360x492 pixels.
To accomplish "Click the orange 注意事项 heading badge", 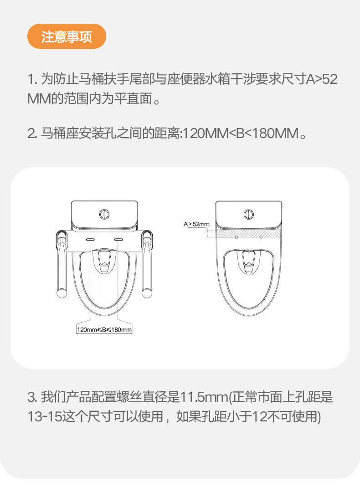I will click(67, 36).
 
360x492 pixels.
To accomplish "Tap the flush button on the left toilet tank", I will click(105, 214).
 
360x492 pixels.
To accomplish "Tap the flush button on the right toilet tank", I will click(249, 214).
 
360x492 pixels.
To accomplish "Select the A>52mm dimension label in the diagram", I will click(196, 224).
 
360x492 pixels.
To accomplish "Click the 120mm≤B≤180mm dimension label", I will click(104, 330).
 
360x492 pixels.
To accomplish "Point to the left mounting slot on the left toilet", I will click(91, 239).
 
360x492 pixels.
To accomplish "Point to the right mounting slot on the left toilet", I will click(118, 239).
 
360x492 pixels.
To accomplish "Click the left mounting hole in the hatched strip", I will click(237, 237).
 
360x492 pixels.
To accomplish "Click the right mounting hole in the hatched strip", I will click(261, 237).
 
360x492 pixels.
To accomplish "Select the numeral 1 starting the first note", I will click(31, 79).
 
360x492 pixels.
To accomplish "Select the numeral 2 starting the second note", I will click(31, 134).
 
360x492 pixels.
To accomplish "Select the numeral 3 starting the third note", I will click(31, 397).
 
